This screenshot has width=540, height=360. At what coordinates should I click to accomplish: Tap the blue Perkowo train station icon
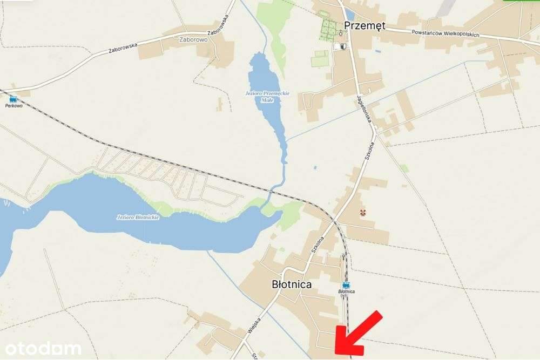tap(13, 99)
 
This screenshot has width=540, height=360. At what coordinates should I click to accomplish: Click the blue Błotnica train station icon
tap(346, 284)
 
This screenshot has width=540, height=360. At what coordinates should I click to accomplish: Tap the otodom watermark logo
tap(41, 348)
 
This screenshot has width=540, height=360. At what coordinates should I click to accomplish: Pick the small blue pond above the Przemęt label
tap(350, 15)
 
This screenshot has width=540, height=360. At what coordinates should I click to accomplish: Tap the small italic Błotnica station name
tap(346, 291)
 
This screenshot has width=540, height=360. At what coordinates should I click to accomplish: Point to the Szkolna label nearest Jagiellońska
tap(369, 153)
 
